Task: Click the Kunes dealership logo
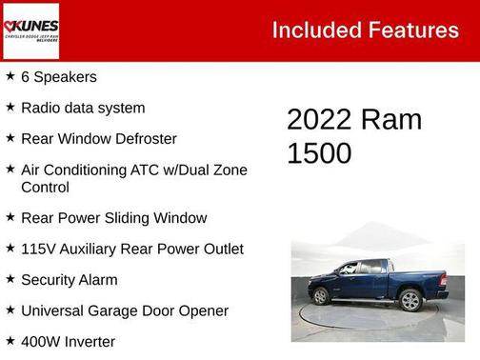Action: [31, 31]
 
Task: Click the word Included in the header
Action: [314, 30]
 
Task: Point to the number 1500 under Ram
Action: [319, 152]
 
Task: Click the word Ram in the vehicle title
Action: [391, 120]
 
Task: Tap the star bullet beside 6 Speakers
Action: [10, 76]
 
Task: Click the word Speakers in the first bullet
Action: [66, 77]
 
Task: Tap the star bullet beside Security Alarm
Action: [10, 279]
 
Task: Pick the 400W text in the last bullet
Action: [40, 341]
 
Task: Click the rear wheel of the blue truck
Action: [410, 301]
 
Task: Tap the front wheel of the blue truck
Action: [321, 296]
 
